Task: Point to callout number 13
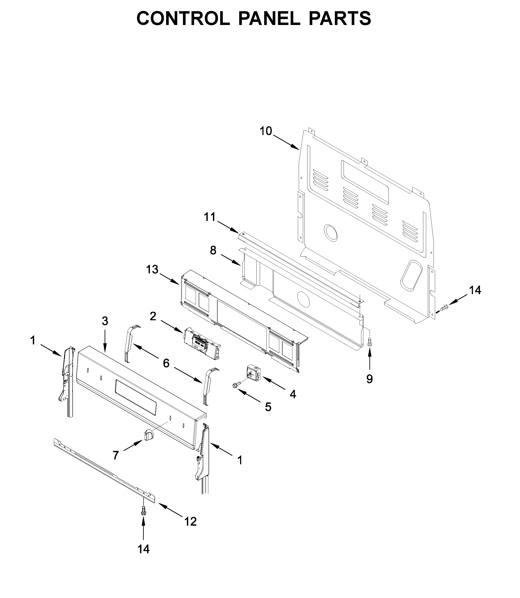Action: tap(152, 270)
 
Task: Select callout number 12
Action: tap(191, 521)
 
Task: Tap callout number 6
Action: tap(166, 363)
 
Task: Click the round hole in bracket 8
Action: tap(304, 299)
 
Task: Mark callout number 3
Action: tap(105, 321)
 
